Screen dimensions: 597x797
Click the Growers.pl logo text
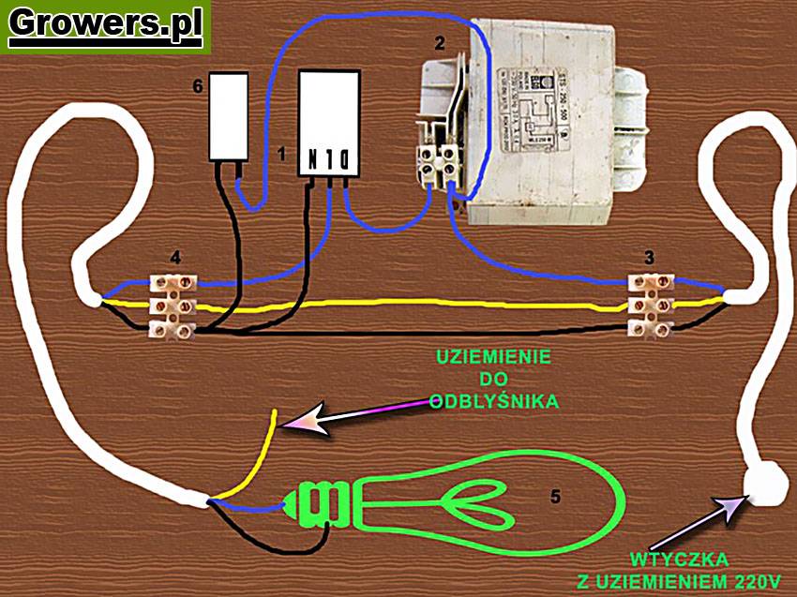105,25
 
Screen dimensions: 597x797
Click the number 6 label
197,86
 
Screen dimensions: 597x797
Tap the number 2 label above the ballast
439,43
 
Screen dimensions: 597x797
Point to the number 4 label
175,255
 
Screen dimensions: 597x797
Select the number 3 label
648,255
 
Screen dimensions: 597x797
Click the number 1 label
281,152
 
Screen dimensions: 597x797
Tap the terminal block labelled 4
173,304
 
